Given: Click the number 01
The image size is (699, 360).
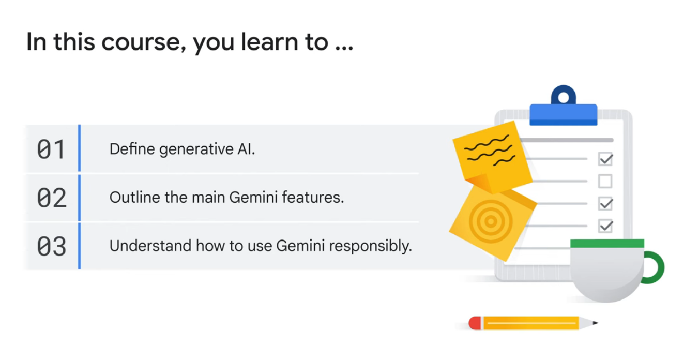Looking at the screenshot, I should pyautogui.click(x=51, y=150).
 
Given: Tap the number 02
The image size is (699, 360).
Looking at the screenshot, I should pyautogui.click(x=52, y=198).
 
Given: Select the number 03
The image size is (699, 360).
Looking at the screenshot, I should pyautogui.click(x=52, y=247).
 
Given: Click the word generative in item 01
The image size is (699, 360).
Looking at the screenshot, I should pyautogui.click(x=191, y=150).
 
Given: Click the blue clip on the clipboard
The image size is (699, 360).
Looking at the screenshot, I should pyautogui.click(x=563, y=111).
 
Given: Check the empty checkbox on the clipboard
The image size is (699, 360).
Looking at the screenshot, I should pyautogui.click(x=605, y=181).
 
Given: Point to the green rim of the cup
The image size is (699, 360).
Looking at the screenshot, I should pyautogui.click(x=607, y=243).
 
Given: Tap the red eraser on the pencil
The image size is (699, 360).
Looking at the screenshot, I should pyautogui.click(x=475, y=323).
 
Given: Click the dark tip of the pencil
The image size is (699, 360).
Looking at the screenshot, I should pyautogui.click(x=595, y=323).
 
